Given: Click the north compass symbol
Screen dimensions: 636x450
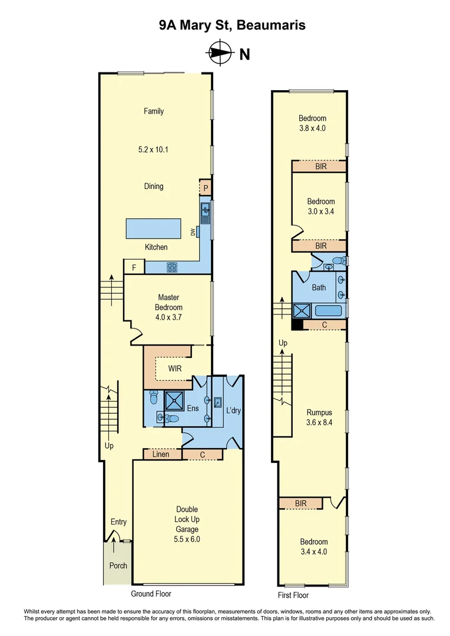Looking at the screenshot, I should click(220, 53).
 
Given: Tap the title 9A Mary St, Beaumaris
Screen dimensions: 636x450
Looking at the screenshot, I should click(224, 25).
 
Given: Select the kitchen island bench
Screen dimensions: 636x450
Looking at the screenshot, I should click(153, 227).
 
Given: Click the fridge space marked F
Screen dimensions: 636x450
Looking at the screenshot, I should click(134, 267).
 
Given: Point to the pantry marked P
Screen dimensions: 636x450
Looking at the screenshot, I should click(206, 187).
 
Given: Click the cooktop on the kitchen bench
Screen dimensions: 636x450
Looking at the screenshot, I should click(172, 267).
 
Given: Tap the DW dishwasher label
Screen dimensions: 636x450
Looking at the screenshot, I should click(193, 232).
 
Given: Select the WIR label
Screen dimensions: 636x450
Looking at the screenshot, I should click(174, 369).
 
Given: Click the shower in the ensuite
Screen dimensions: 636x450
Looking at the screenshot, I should click(175, 400).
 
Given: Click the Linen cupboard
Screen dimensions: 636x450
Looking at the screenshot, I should click(161, 454).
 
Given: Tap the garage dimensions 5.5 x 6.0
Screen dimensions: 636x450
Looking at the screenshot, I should click(187, 538).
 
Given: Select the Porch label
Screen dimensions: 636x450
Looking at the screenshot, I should click(118, 565).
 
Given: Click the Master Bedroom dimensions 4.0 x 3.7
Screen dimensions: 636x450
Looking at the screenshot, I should click(168, 317).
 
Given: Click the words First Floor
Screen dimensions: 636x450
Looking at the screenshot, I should click(293, 595).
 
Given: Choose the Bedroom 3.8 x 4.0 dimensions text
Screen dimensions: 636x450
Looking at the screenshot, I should click(312, 128).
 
